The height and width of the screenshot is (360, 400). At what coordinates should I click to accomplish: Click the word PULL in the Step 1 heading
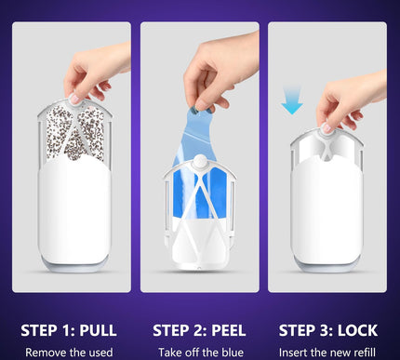tap(98, 330)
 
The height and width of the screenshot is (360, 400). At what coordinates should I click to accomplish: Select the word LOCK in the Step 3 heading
tap(357, 330)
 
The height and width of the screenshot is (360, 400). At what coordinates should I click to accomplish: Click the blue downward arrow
tap(292, 100)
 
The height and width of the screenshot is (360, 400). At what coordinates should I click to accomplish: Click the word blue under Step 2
tap(232, 353)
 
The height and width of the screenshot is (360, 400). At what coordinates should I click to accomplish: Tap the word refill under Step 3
tap(365, 353)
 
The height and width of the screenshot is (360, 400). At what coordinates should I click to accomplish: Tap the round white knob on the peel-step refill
tap(201, 162)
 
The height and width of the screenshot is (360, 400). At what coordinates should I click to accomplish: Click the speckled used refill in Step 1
tap(75, 133)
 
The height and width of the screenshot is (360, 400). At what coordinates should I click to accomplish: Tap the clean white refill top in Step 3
tap(327, 149)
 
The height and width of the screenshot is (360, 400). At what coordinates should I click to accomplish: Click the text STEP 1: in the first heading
tap(48, 330)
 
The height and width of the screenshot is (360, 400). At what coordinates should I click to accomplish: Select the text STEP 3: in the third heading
tap(306, 330)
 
